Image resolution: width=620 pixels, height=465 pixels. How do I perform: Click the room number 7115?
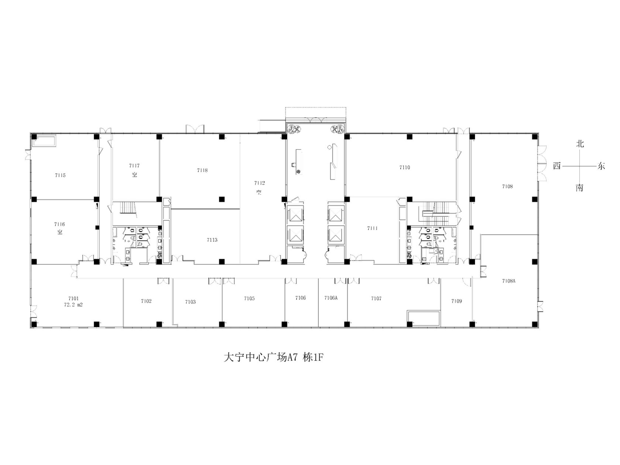point(60,175)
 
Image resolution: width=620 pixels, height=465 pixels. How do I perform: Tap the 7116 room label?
point(59,224)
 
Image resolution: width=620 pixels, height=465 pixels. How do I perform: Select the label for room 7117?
point(134,166)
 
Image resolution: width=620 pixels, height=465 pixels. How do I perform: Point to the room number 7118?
point(202,170)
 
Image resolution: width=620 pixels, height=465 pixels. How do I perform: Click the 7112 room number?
point(259,183)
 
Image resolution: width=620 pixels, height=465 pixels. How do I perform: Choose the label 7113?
point(212,240)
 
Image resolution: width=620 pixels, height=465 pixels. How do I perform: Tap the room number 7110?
point(404,168)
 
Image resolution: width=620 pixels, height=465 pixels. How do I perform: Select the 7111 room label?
point(372,228)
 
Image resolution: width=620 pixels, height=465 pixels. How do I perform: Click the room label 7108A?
point(509,281)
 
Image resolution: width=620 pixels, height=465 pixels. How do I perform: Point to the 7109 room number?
point(457,301)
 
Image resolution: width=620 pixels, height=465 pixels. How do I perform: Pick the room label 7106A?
point(331,298)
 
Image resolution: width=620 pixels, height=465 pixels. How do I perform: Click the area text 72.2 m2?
point(73,304)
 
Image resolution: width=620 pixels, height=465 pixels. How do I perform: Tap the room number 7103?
point(190,302)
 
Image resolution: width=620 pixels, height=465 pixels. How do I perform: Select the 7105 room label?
point(249,299)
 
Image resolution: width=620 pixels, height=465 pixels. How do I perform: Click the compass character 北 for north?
point(580,144)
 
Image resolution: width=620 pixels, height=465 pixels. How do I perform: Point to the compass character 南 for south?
point(579,188)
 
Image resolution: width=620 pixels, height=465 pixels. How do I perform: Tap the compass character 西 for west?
point(557,166)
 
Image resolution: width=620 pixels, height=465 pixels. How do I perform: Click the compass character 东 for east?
point(601,166)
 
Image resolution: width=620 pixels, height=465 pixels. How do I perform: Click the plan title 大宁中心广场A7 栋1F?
point(273,358)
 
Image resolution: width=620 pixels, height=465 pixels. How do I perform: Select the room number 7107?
point(376,299)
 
